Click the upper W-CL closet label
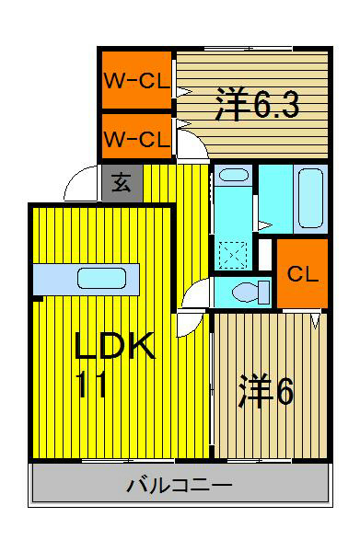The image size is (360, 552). (x=135, y=80)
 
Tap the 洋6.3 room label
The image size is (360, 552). (x=258, y=104)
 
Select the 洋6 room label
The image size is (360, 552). (x=267, y=392)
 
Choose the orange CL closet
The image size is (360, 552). (x=302, y=273)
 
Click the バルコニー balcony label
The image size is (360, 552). (x=180, y=485)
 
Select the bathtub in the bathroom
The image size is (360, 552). (x=310, y=197)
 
